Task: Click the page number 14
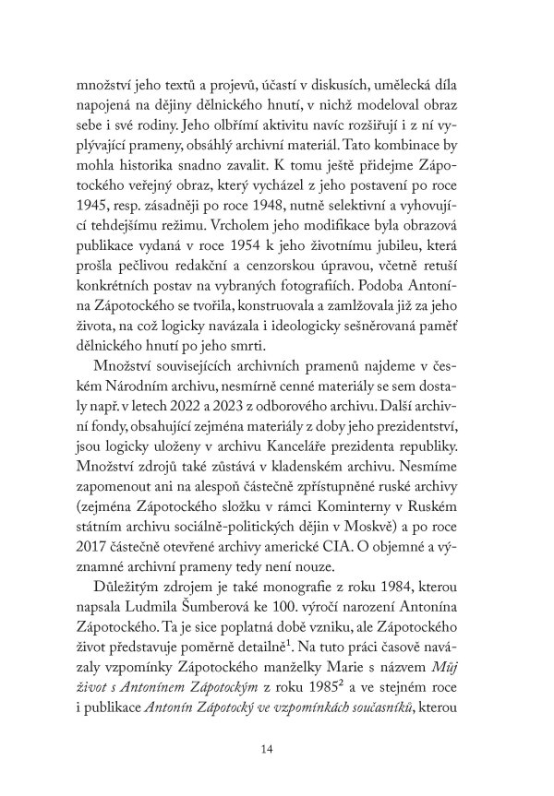tap(268, 748)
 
